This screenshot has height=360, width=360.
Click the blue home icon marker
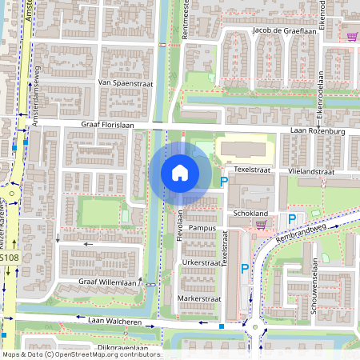pos(180,172)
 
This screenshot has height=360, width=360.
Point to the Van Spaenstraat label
pos(126,82)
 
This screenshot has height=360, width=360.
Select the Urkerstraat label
pos(201,262)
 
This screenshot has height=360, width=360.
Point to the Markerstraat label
pos(200,298)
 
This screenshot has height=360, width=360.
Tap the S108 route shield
pos(8,258)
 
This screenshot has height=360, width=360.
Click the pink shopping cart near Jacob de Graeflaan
pos(351,35)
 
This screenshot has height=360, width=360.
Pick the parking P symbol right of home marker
pos(224,183)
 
